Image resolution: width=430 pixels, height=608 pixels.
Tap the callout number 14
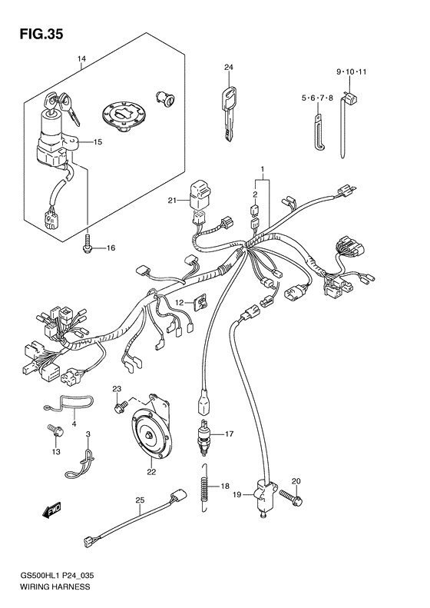[x=82, y=60]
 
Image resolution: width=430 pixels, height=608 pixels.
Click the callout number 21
[x=174, y=201]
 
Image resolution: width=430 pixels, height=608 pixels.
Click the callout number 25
[x=140, y=500]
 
